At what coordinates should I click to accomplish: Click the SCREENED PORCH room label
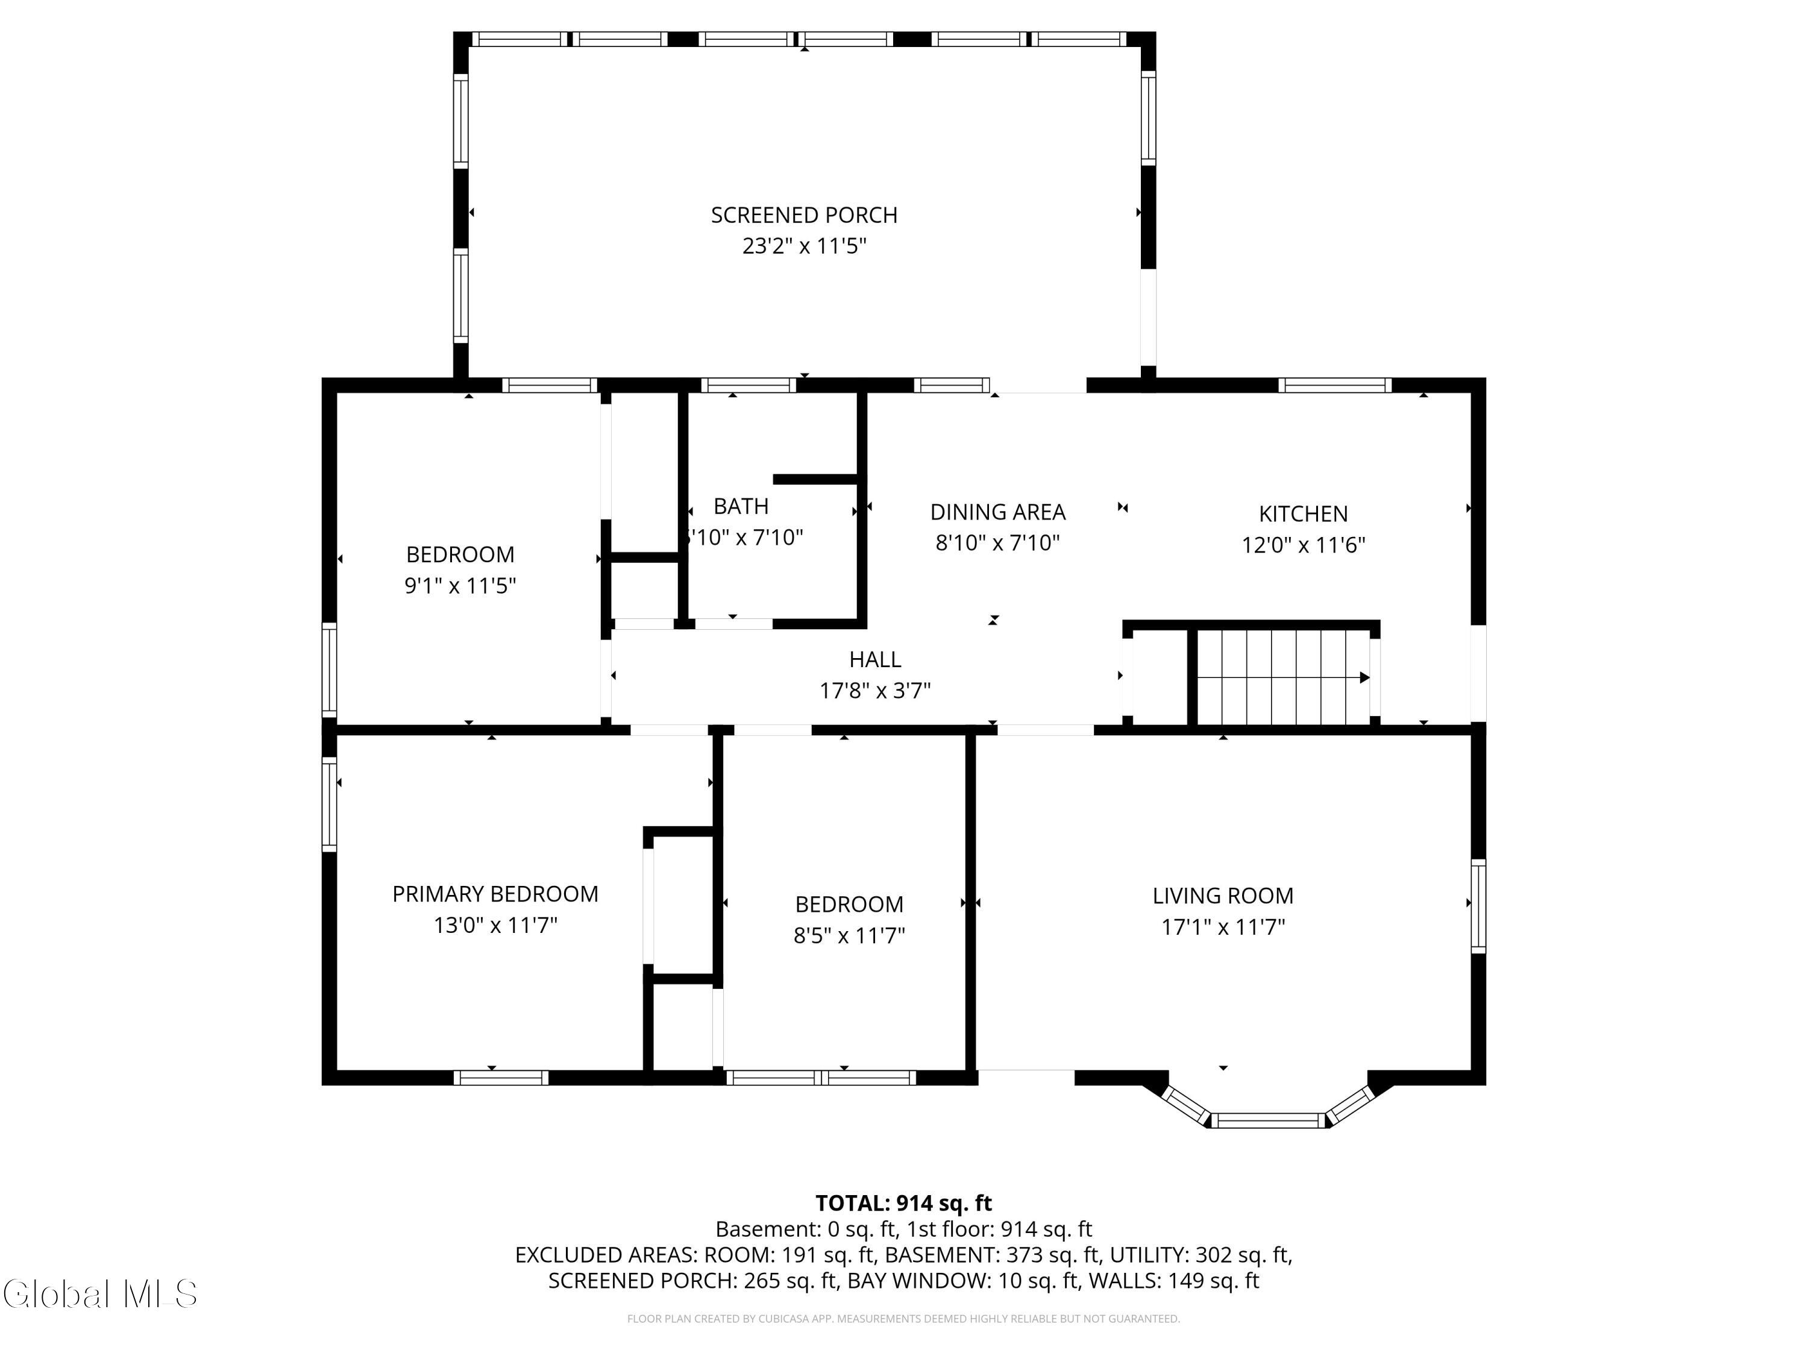[x=805, y=215]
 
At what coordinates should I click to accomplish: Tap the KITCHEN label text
[x=1303, y=514]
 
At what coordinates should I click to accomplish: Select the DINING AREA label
[x=997, y=512]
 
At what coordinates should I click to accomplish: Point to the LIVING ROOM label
[x=1223, y=896]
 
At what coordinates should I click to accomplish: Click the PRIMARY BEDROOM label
[x=495, y=894]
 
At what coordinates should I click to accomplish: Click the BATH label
[x=741, y=507]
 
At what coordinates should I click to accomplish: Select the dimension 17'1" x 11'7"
[x=1223, y=927]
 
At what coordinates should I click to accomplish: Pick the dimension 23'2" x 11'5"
[x=805, y=246]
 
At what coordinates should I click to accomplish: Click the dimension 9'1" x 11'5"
[x=460, y=586]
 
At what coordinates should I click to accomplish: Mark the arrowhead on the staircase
[x=1364, y=677]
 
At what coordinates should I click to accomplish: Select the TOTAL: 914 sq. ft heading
[x=903, y=1203]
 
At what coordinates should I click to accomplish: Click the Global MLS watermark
[x=99, y=1294]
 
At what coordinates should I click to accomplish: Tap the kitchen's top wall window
[x=1335, y=385]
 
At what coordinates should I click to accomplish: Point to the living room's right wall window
[x=1478, y=906]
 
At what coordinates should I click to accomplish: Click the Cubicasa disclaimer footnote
[x=903, y=1319]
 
